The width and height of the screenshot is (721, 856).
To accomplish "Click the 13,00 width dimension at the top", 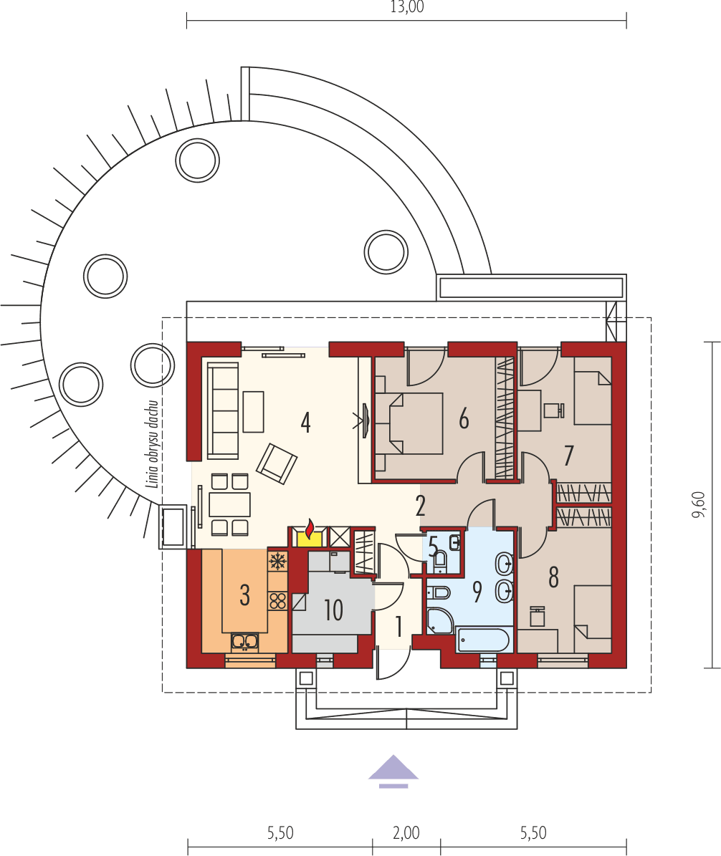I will pyautogui.click(x=406, y=8).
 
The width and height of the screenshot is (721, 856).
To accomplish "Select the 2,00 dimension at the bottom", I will pyautogui.click(x=406, y=832).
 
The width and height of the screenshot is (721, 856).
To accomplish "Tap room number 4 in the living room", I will pyautogui.click(x=306, y=423).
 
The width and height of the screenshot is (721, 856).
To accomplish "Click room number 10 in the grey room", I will pyautogui.click(x=333, y=610).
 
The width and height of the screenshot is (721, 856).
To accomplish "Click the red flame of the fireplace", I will pyautogui.click(x=310, y=530).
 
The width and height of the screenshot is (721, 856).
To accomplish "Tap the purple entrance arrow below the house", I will pyautogui.click(x=393, y=771).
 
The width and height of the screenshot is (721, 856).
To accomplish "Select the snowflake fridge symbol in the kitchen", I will pyautogui.click(x=277, y=560).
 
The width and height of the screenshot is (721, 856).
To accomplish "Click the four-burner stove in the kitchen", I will pyautogui.click(x=277, y=600).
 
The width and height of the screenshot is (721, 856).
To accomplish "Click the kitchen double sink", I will pyautogui.click(x=245, y=642).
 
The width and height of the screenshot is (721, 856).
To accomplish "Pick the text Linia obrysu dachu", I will pyautogui.click(x=152, y=445).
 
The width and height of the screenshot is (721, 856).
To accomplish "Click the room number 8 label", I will pyautogui.click(x=553, y=577).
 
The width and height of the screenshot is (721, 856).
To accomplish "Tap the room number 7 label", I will pyautogui.click(x=569, y=455).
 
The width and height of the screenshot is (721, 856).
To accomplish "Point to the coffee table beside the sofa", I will pyautogui.click(x=253, y=411).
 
